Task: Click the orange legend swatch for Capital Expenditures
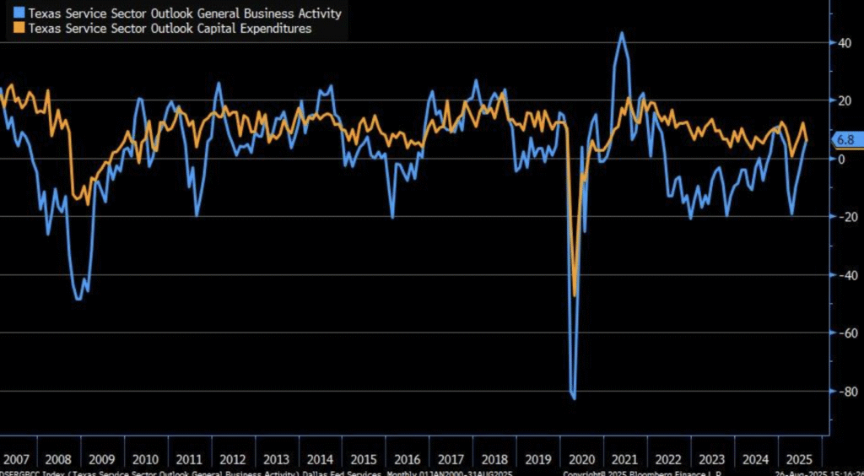pyautogui.click(x=20, y=29)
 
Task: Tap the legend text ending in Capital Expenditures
pyautogui.click(x=170, y=29)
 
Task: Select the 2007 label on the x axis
pyautogui.click(x=16, y=460)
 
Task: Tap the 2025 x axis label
pyautogui.click(x=797, y=460)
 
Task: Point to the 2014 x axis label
pyautogui.click(x=320, y=460)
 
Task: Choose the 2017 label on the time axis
pyautogui.click(x=451, y=460)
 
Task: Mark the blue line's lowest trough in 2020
pyautogui.click(x=574, y=398)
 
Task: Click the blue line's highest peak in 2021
pyautogui.click(x=622, y=33)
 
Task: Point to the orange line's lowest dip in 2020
pyautogui.click(x=575, y=295)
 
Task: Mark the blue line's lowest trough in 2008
pyautogui.click(x=78, y=299)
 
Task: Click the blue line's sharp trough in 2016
pyautogui.click(x=393, y=218)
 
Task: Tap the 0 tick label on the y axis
pyautogui.click(x=841, y=159)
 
